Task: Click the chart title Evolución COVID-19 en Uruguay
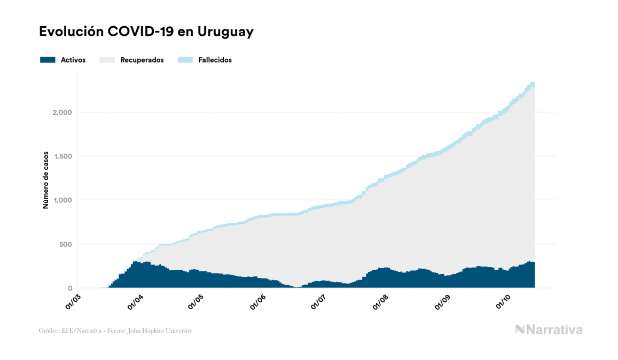(x=146, y=32)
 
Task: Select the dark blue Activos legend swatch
(x=48, y=60)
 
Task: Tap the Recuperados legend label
(x=142, y=60)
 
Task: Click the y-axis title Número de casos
(x=46, y=179)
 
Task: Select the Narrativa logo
(x=549, y=330)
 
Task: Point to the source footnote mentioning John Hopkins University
(x=115, y=331)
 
